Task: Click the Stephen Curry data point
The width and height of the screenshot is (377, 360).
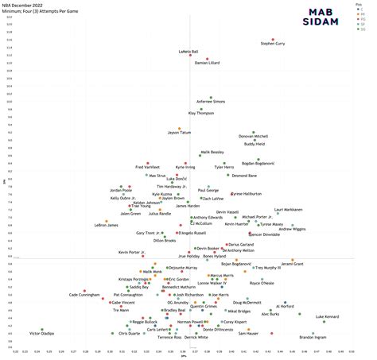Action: (273, 40)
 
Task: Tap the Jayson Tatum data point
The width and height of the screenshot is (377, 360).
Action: (180, 128)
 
